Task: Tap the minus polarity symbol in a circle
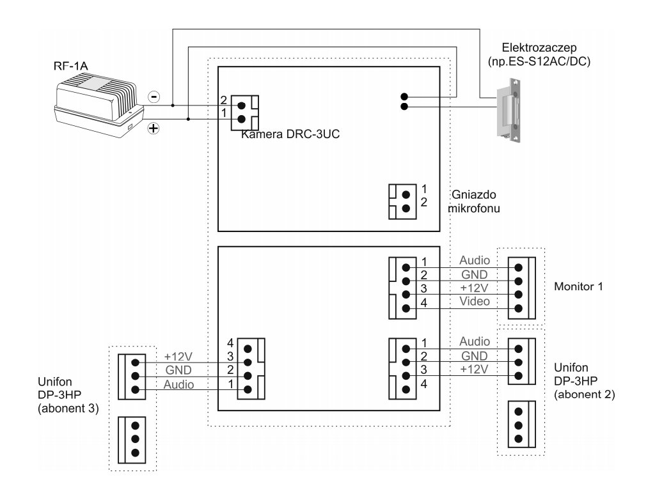154,97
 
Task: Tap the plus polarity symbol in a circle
154,129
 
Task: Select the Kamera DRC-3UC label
286,135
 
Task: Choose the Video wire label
474,300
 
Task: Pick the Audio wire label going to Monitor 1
474,260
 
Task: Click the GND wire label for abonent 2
474,355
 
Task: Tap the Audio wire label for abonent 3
178,385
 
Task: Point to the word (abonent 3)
67,409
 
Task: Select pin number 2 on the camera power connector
223,100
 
